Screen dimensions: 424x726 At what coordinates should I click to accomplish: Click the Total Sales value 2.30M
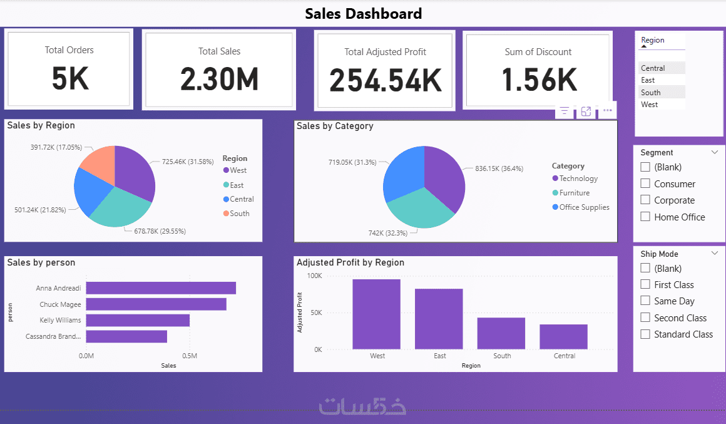click(x=219, y=80)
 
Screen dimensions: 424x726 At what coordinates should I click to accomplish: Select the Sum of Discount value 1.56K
click(x=539, y=80)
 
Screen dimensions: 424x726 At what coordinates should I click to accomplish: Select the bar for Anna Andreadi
click(x=161, y=288)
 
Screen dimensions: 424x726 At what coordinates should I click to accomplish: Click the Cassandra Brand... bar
click(x=126, y=336)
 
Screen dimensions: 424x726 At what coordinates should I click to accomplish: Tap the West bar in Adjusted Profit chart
click(x=376, y=314)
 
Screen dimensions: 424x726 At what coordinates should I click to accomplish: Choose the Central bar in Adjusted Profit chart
click(x=563, y=336)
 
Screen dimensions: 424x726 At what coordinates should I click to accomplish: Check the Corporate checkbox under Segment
click(x=645, y=200)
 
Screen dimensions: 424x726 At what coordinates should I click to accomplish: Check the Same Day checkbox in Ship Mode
click(x=645, y=301)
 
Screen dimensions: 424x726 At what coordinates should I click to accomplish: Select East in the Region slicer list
click(x=648, y=80)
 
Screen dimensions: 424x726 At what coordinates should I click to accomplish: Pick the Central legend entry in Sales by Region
click(x=242, y=199)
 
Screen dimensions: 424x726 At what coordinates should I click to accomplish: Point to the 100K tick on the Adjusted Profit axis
click(x=314, y=276)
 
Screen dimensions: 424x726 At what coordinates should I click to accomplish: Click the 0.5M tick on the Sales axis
click(x=191, y=356)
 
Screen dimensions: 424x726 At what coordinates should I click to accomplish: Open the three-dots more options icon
click(x=607, y=111)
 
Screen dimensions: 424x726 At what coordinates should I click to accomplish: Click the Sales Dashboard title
click(x=363, y=13)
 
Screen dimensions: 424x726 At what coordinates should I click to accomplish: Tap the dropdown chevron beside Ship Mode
click(x=715, y=254)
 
